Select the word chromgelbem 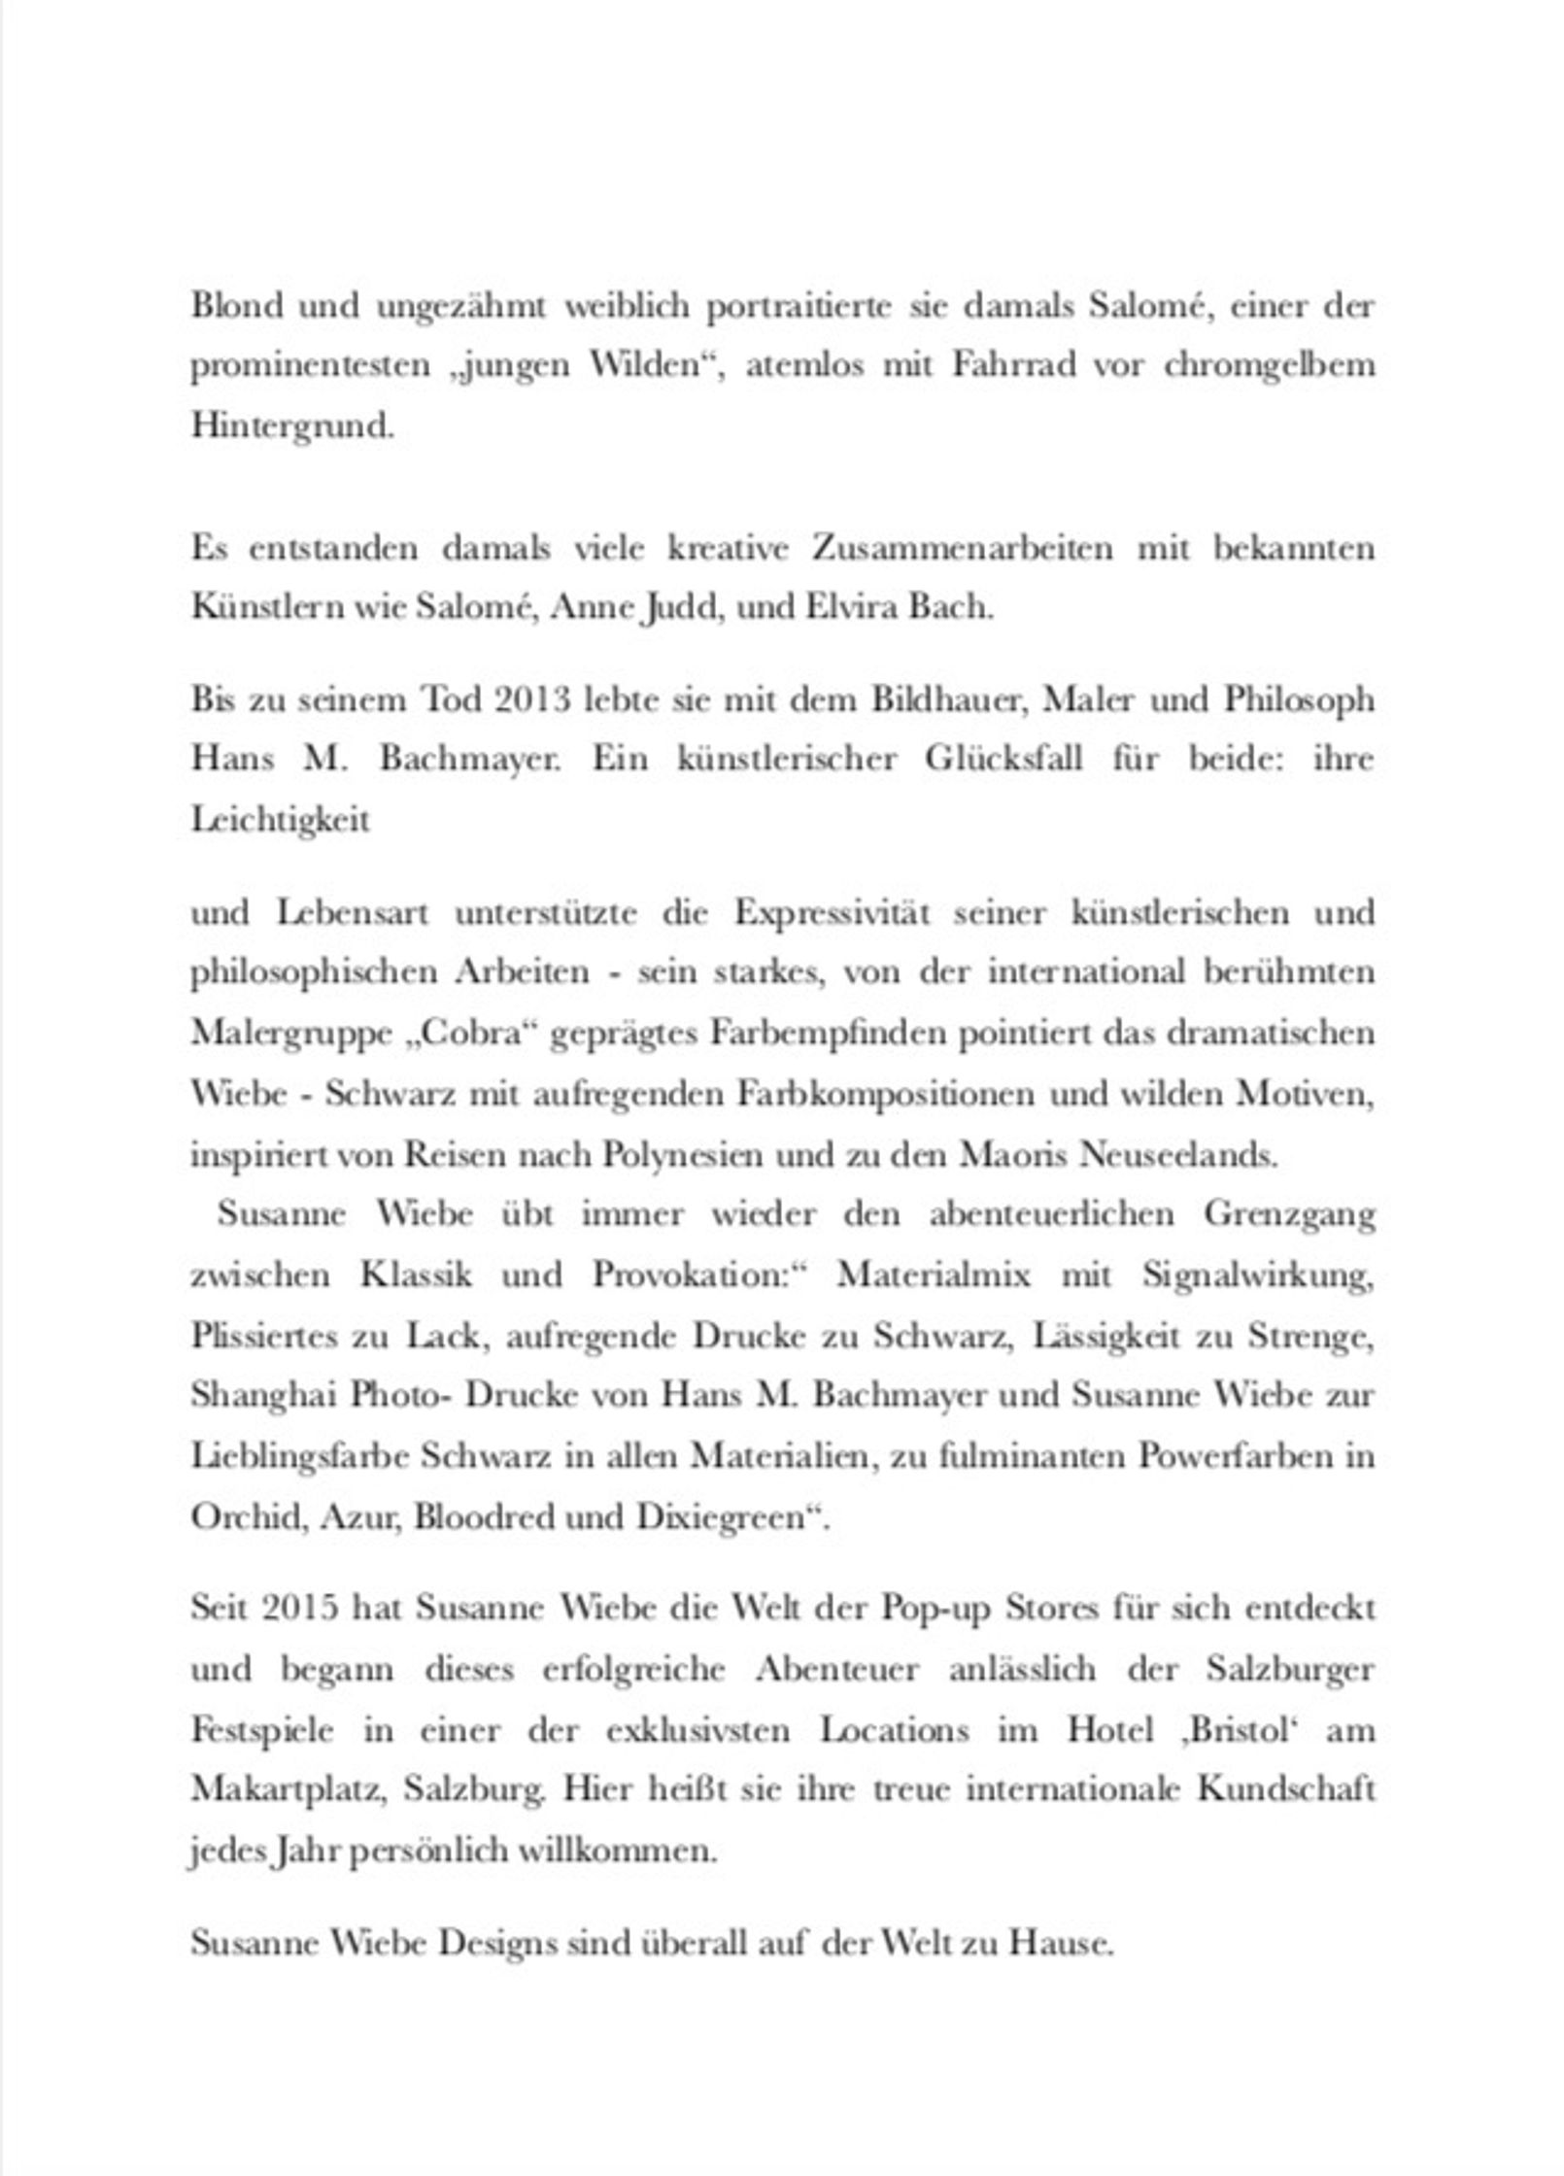tap(1269, 366)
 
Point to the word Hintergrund tap(292, 426)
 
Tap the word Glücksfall tap(1003, 759)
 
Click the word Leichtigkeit tap(280, 820)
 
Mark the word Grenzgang tap(1289, 1215)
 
